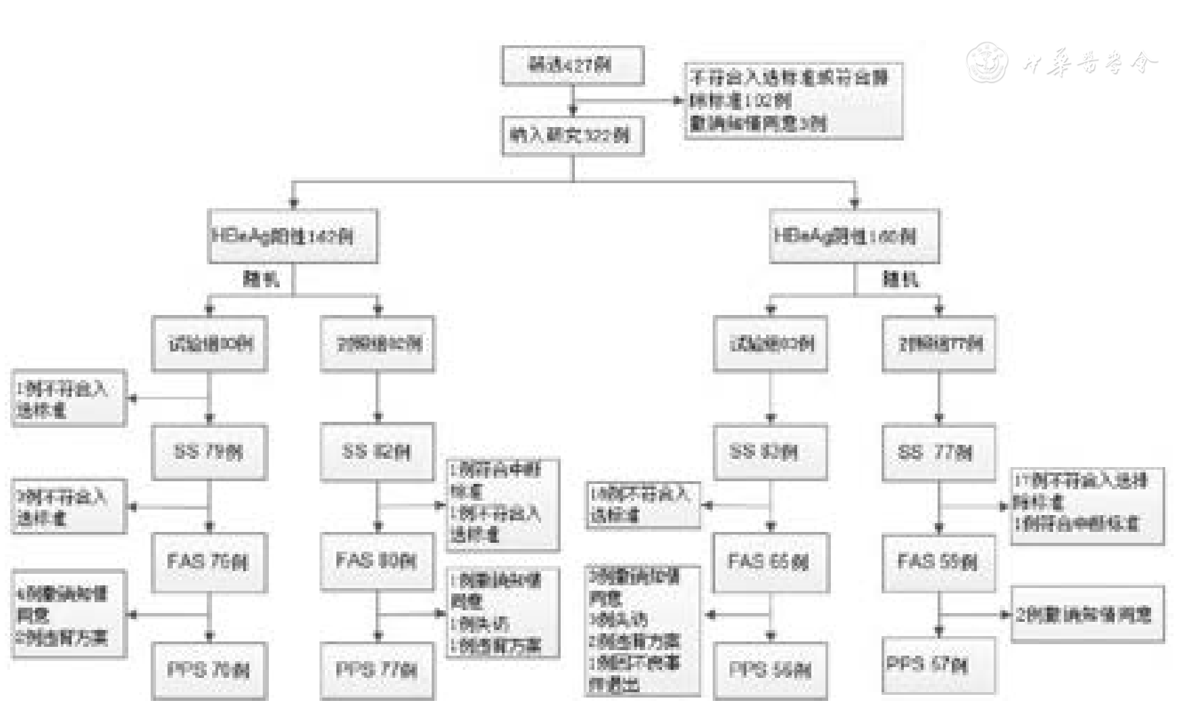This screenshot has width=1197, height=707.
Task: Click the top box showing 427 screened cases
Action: [572, 66]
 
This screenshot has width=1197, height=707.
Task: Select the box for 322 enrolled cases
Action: [572, 135]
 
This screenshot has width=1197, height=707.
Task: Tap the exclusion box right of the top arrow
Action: [793, 101]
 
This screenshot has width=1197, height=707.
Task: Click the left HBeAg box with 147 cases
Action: [292, 236]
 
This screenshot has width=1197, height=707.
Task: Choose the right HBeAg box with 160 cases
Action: [854, 236]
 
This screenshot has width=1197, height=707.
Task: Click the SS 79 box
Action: [209, 452]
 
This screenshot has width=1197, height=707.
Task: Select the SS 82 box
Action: [377, 452]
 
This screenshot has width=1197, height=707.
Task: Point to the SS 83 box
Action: [770, 452]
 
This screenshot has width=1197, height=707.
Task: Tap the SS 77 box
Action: [938, 452]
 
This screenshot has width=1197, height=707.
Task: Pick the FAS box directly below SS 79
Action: [209, 562]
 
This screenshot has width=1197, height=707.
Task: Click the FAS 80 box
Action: [377, 562]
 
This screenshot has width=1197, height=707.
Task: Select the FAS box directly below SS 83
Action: [770, 562]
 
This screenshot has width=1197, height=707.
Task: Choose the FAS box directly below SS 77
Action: [938, 562]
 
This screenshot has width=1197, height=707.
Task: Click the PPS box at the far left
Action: [209, 670]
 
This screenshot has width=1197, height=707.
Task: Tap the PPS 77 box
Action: [377, 670]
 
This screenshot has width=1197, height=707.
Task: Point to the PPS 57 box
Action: [938, 666]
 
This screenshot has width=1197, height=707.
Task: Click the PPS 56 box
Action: [770, 670]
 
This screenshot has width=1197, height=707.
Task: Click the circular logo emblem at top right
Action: [987, 62]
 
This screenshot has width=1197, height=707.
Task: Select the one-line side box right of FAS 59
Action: [1087, 614]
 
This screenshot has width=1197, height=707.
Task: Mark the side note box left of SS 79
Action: [69, 399]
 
